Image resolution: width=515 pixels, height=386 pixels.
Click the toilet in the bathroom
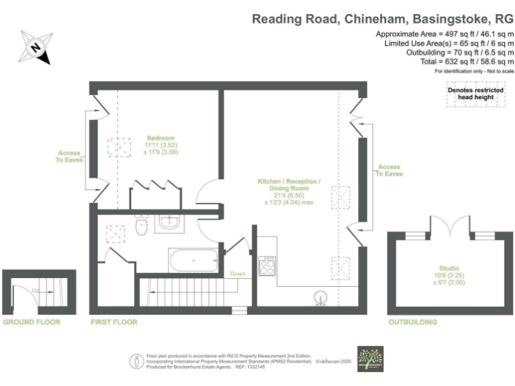point(141,227)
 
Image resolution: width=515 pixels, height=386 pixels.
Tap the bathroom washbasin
point(168,224)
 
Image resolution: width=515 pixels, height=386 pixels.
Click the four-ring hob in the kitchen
point(267,267)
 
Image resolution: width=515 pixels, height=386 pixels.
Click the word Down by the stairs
point(237,273)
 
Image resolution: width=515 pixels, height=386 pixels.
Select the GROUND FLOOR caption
point(32,322)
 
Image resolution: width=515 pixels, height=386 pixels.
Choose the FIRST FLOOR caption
point(114,322)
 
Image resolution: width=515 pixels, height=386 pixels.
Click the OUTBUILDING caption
point(413,322)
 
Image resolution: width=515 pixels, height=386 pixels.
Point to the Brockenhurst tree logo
point(371,359)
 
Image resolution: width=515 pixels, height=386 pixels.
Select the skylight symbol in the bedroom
point(121,146)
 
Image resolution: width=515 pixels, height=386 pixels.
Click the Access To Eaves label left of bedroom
point(69,155)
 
